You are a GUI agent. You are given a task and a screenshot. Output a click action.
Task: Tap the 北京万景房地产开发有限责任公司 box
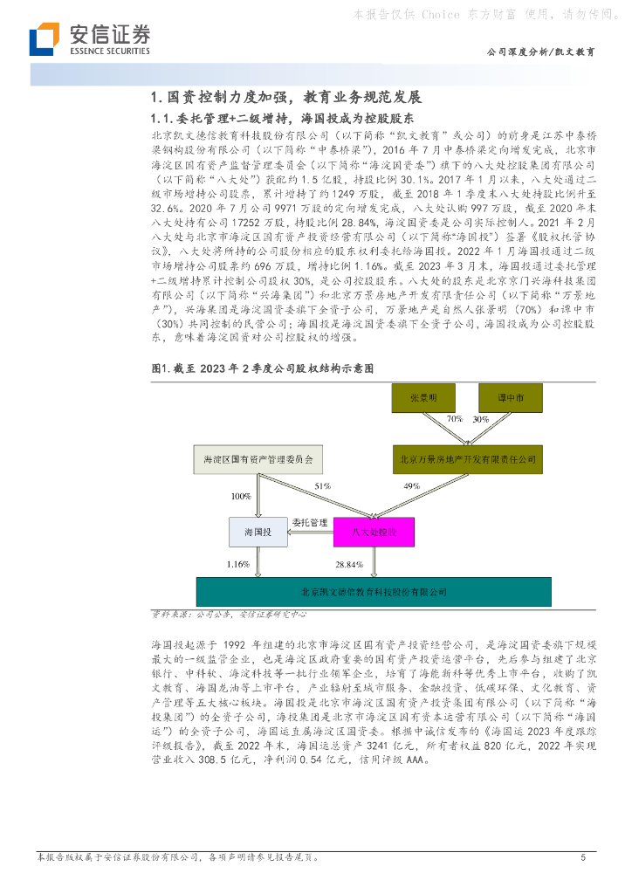(x=469, y=457)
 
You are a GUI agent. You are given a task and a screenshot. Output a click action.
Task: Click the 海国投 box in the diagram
(x=258, y=532)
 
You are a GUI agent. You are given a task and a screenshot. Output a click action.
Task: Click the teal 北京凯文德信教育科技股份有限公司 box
(x=374, y=592)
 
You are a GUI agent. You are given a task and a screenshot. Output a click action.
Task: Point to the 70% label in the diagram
(x=454, y=420)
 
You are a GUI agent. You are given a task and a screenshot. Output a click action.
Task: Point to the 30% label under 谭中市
(x=481, y=420)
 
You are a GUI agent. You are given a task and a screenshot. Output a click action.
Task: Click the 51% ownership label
(x=322, y=485)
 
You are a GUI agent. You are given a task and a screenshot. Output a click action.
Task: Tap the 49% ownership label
(x=412, y=485)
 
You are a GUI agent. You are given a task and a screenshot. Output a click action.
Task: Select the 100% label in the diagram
(x=240, y=496)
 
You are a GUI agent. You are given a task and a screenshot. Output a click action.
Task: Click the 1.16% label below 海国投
(x=237, y=564)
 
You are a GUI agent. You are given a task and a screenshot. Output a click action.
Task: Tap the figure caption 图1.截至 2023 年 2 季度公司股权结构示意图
(x=263, y=369)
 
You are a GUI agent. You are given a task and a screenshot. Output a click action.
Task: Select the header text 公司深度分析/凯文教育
(x=541, y=52)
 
